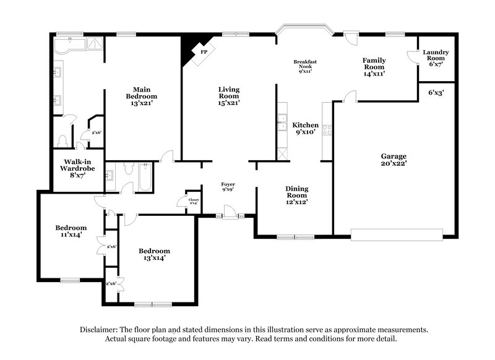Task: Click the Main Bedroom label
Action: click(141, 96)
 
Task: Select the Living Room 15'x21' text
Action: click(229, 96)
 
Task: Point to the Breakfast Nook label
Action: click(305, 66)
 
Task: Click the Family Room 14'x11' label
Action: click(374, 66)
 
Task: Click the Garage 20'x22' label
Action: click(393, 160)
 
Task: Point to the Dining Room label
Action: click(296, 195)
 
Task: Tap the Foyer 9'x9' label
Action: click(228, 187)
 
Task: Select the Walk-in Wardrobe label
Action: click(72, 168)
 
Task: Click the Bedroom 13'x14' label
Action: click(154, 254)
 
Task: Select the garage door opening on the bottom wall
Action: click(397, 234)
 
